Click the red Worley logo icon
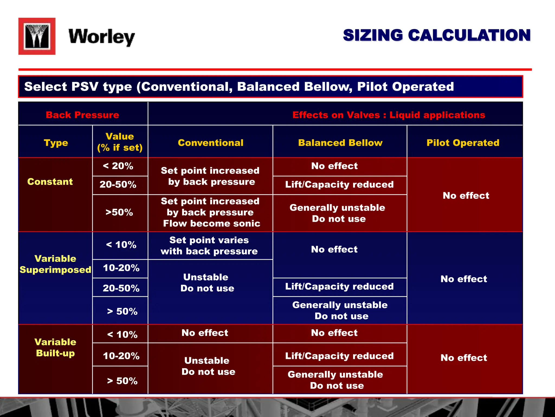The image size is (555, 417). tap(37, 36)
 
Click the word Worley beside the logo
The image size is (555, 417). tap(102, 37)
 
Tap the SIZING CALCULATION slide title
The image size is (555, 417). tap(437, 36)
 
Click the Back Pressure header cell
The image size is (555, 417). tap(82, 115)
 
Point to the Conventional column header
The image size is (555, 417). tap(211, 143)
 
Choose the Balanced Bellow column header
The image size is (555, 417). tap(340, 143)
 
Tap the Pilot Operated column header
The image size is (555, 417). tap(463, 143)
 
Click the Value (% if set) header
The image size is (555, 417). tap(120, 142)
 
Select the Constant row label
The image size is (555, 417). tap(50, 182)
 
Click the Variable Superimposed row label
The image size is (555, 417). tap(55, 264)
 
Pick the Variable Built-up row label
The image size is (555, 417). tap(55, 347)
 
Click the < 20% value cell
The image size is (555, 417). tap(118, 166)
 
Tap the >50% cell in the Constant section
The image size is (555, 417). tap(119, 212)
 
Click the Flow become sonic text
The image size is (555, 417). tap(212, 223)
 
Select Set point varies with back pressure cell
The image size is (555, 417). tap(209, 246)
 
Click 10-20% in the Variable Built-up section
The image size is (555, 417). tap(121, 356)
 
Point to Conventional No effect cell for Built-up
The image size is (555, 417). tap(205, 333)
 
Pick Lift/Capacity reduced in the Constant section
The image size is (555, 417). tap(339, 185)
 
